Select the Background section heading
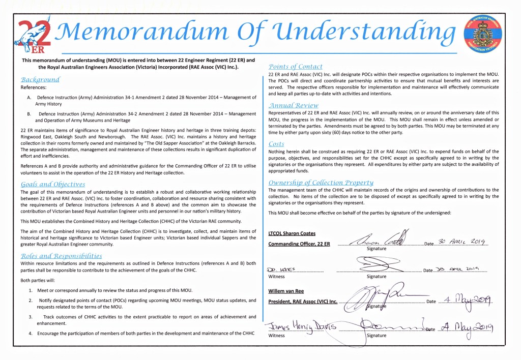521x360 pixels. point(40,80)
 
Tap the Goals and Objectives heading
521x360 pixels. point(53,184)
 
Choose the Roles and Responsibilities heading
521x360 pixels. point(61,256)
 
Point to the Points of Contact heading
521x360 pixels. point(295,67)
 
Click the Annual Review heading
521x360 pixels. point(293,105)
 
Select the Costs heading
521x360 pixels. point(276,144)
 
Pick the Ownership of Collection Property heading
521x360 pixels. point(321,183)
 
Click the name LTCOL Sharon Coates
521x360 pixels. point(292,233)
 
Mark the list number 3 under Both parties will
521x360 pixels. point(31,317)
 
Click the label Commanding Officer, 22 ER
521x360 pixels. point(299,244)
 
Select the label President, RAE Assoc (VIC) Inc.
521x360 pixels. point(303,302)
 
